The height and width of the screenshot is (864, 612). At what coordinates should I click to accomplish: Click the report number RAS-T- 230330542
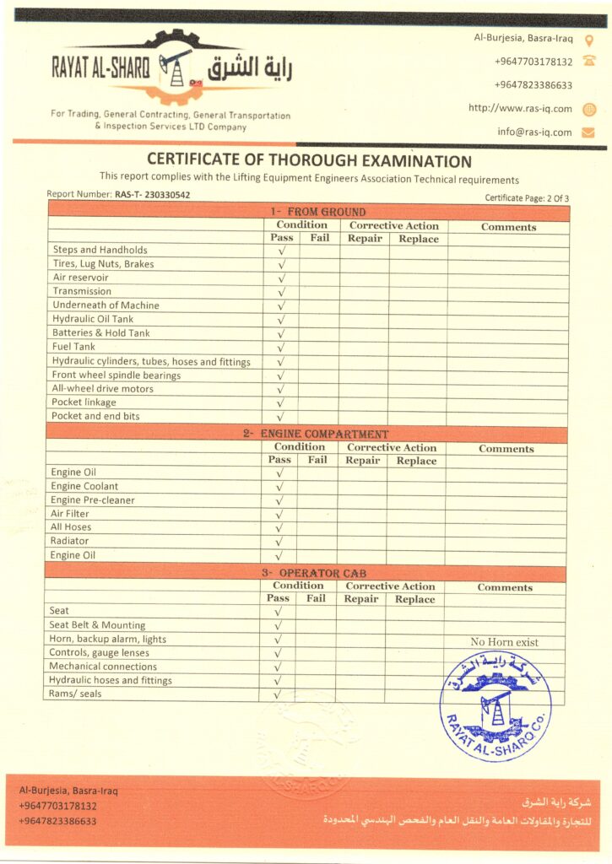(x=152, y=195)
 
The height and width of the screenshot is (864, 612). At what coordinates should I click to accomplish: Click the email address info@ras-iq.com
(x=534, y=132)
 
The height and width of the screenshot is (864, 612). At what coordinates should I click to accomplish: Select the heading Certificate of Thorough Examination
(x=309, y=160)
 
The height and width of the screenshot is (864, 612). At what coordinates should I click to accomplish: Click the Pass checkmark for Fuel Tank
(x=282, y=347)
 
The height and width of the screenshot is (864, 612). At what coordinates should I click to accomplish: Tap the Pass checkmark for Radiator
(x=279, y=542)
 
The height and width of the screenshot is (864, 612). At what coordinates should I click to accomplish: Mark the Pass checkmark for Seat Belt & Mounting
(x=278, y=625)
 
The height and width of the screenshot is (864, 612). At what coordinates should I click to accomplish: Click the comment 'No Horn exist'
(x=504, y=642)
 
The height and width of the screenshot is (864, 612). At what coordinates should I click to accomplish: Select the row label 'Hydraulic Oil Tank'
(x=93, y=319)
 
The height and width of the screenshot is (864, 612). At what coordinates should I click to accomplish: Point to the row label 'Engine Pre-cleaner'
(x=92, y=499)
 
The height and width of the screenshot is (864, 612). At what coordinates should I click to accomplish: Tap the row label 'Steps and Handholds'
(x=100, y=250)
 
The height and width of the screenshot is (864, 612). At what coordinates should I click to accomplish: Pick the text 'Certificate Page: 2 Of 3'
(x=527, y=198)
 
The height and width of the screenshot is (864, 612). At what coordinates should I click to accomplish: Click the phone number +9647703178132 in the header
(x=533, y=62)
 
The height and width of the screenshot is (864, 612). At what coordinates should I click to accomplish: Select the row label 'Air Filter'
(x=69, y=514)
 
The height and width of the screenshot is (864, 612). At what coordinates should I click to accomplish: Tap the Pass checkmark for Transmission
(x=282, y=292)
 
